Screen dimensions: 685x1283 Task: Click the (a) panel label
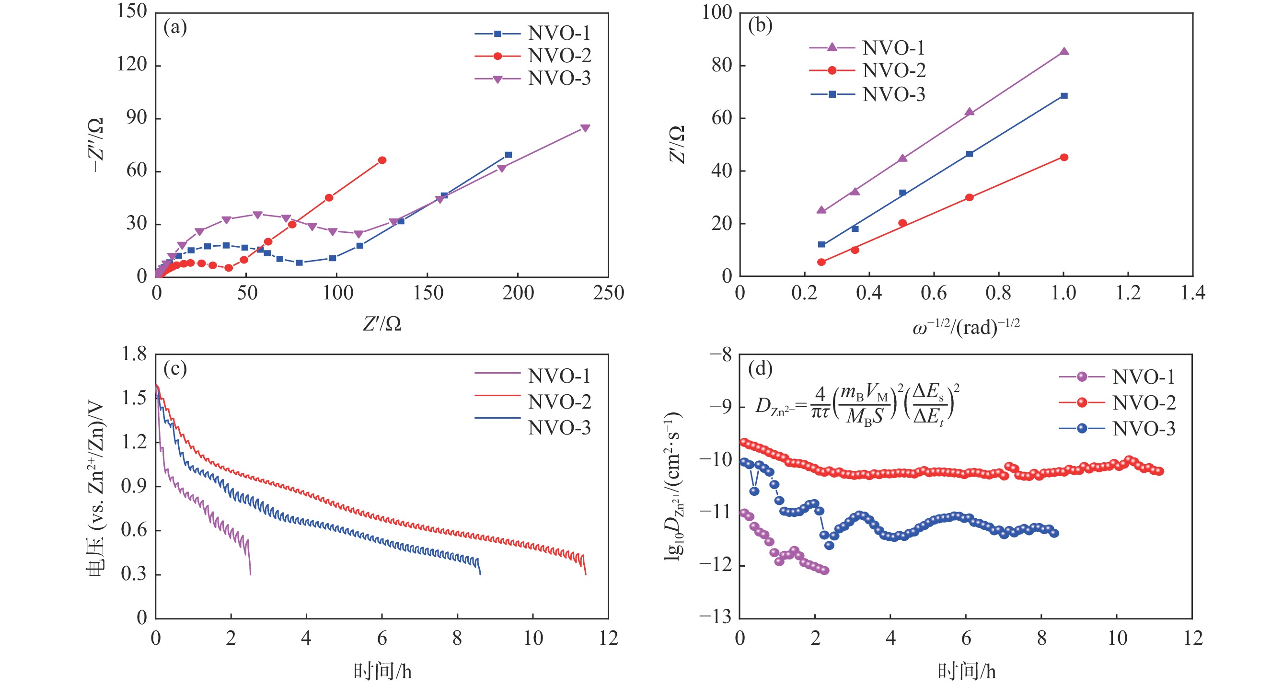[175, 27]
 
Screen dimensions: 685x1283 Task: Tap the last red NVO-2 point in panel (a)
[382, 160]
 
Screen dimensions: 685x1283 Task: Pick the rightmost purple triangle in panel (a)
[585, 128]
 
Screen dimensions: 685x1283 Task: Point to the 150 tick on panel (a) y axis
[132, 11]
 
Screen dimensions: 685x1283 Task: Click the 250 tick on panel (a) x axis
[608, 293]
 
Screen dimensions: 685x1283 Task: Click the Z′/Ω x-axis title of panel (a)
[381, 324]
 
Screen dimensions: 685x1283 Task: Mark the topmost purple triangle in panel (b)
[1064, 51]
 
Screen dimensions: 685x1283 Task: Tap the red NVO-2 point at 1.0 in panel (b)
[1064, 157]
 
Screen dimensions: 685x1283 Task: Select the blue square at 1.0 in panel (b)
[1064, 96]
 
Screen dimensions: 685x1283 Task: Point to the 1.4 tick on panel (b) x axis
[1193, 293]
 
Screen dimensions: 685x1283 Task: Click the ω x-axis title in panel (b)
[966, 327]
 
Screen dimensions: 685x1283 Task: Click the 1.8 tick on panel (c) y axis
[135, 354]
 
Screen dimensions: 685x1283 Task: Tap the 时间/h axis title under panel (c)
[382, 672]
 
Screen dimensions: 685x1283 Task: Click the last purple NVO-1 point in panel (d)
[825, 571]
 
